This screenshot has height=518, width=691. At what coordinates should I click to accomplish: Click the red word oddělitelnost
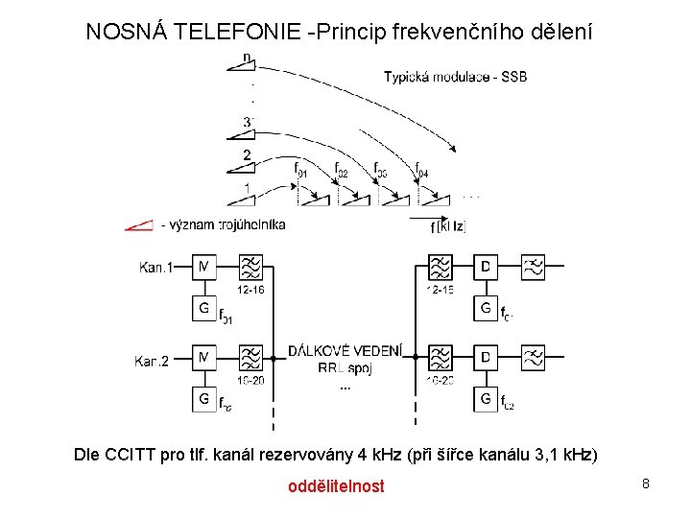pyautogui.click(x=336, y=486)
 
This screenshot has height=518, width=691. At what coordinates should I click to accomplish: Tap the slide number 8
pyautogui.click(x=646, y=483)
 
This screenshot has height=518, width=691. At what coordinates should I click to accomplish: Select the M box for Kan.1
pyautogui.click(x=204, y=267)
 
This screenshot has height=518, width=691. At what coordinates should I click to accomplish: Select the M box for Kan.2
pyautogui.click(x=204, y=359)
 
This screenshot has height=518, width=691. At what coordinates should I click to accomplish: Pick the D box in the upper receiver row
pyautogui.click(x=487, y=267)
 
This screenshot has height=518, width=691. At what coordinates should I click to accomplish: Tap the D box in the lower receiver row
pyautogui.click(x=487, y=359)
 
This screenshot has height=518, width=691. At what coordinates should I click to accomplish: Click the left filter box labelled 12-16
pyautogui.click(x=250, y=267)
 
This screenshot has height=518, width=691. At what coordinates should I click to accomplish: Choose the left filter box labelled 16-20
pyautogui.click(x=250, y=359)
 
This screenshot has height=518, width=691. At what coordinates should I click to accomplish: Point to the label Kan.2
pyautogui.click(x=152, y=361)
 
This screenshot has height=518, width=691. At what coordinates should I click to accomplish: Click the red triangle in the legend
pyautogui.click(x=139, y=225)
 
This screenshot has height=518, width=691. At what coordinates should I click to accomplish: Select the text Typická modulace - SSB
pyautogui.click(x=455, y=77)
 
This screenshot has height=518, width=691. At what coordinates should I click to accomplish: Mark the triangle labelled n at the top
pyautogui.click(x=243, y=61)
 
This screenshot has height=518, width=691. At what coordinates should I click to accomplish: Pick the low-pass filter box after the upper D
pyautogui.click(x=534, y=267)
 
